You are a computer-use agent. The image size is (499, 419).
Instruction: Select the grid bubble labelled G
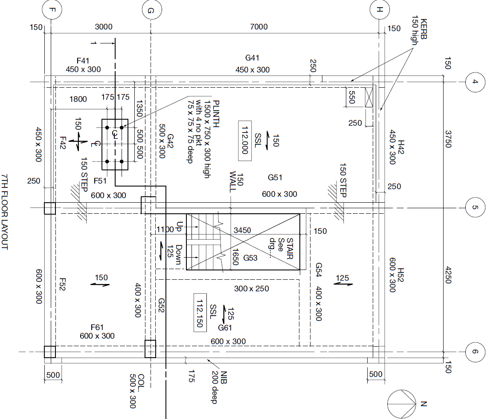point(150,11)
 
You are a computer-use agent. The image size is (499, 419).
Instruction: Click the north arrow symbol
point(401,403)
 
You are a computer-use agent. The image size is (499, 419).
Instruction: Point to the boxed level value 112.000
point(245,142)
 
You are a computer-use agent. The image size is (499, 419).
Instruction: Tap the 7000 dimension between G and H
point(259,27)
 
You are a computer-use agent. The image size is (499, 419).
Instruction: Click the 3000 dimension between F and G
point(103,27)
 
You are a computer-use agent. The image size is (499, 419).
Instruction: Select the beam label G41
point(252,58)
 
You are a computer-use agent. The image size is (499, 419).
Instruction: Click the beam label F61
point(97,327)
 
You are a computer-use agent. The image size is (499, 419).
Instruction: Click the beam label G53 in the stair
point(250,258)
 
